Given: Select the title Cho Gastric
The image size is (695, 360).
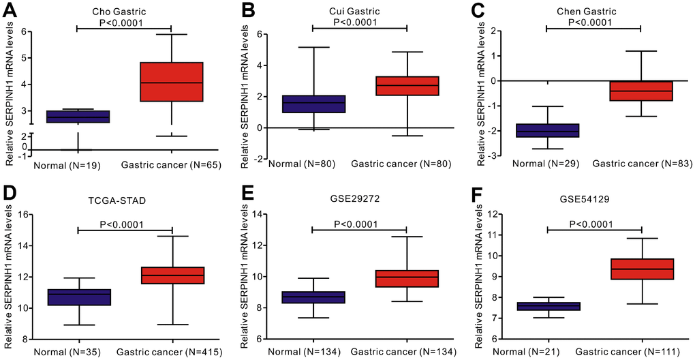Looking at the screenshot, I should tap(123, 12).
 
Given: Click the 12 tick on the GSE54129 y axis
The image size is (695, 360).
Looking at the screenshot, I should tap(493, 214).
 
